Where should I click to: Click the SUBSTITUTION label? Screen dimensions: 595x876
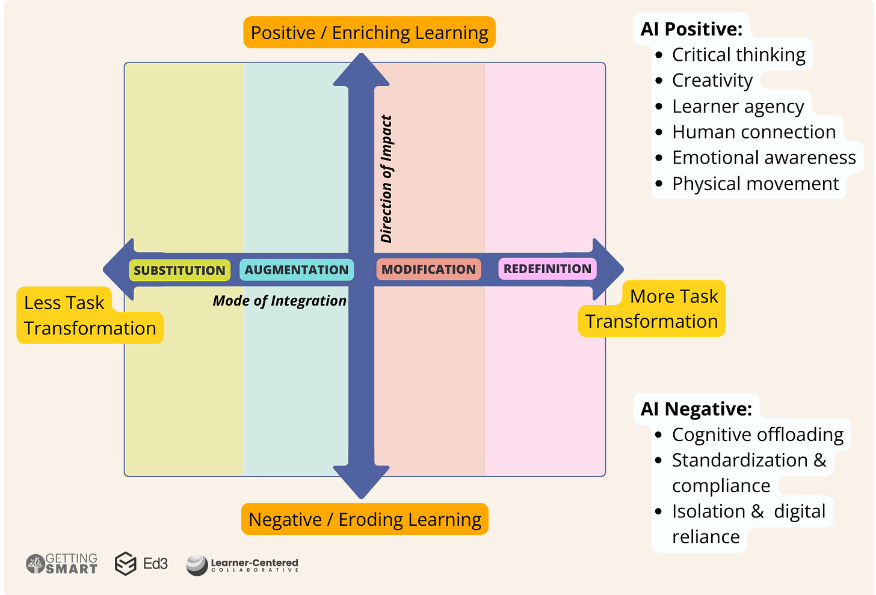click(x=179, y=271)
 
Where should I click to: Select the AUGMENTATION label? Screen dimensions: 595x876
click(x=297, y=270)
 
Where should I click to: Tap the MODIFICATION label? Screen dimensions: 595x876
click(x=428, y=270)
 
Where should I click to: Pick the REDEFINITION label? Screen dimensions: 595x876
click(x=547, y=269)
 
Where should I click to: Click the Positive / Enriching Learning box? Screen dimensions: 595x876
click(x=369, y=32)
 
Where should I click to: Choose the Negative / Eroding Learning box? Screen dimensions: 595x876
click(x=365, y=519)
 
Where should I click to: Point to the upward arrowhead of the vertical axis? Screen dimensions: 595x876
click(x=361, y=70)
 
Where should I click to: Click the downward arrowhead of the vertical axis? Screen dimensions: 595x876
click(x=361, y=481)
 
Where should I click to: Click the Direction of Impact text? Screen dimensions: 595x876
click(x=386, y=179)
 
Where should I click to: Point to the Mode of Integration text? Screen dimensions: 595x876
click(x=280, y=301)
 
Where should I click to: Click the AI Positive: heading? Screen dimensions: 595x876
click(x=691, y=29)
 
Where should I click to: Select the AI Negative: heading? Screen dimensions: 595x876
click(x=696, y=409)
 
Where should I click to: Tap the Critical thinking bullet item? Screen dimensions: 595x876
click(x=738, y=55)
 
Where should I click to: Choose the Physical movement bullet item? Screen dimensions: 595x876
click(x=755, y=183)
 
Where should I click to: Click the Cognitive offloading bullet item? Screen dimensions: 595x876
click(x=757, y=434)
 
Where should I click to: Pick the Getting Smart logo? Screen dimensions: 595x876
click(x=62, y=564)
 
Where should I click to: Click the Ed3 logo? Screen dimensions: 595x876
click(x=141, y=564)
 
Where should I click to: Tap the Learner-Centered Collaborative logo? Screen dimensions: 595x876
click(x=242, y=565)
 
